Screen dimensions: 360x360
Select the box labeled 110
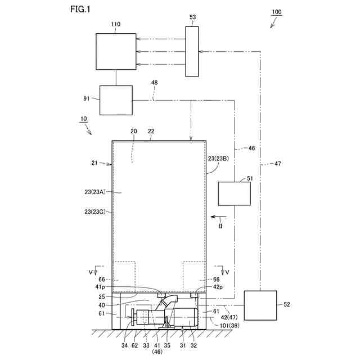(x=116, y=52)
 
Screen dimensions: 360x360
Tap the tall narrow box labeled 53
(x=192, y=51)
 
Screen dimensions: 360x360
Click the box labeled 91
(x=116, y=100)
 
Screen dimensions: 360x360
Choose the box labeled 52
(x=260, y=305)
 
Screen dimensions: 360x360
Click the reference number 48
(x=154, y=82)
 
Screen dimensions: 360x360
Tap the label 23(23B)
(x=218, y=158)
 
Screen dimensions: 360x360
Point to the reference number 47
(x=277, y=163)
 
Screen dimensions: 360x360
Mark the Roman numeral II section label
(x=220, y=226)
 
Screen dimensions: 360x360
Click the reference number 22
(x=151, y=130)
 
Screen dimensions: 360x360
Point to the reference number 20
(x=133, y=130)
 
